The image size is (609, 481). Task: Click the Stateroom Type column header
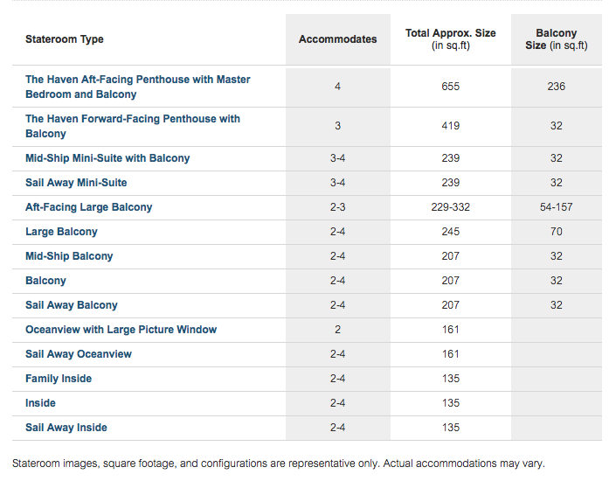point(65,39)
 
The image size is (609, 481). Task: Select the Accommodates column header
point(337,39)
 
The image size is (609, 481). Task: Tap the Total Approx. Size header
point(451,39)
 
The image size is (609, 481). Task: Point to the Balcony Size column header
point(557,39)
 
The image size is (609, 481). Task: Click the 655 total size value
point(451,87)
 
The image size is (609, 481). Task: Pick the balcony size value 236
point(557,87)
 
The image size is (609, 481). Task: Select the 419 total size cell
point(451,126)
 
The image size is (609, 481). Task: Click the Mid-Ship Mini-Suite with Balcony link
point(107,158)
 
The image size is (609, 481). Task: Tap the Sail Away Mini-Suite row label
point(76,183)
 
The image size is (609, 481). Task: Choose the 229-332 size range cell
point(451,207)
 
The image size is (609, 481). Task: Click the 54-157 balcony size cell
point(557,207)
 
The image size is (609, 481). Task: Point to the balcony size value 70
point(557,232)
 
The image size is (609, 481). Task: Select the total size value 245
point(451,232)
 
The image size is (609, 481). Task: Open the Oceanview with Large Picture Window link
point(121,330)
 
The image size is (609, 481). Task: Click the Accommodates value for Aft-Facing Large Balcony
point(337,207)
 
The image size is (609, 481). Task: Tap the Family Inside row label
point(59,379)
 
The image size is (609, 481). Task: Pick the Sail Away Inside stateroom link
point(66,428)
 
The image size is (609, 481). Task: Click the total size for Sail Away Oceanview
point(451,354)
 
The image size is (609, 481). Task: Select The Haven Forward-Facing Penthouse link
point(133,126)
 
